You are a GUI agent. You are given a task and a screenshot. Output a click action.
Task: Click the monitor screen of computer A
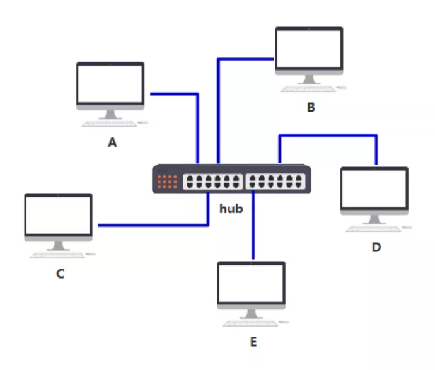click(x=110, y=83)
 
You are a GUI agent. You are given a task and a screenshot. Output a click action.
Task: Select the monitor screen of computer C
click(x=58, y=214)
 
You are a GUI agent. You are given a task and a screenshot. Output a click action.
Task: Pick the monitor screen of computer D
click(x=374, y=188)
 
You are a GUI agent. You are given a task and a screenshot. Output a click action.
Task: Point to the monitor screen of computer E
click(x=251, y=283)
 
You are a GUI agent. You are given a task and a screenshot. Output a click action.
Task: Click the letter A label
click(x=112, y=143)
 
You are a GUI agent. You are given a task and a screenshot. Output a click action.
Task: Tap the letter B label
click(x=311, y=107)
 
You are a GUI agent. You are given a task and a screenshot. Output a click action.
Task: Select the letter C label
click(x=61, y=274)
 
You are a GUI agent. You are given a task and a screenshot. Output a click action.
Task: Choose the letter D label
click(x=376, y=247)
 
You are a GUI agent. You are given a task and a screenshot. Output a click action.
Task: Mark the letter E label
click(x=253, y=342)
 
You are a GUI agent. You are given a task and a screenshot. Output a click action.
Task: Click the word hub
click(x=231, y=208)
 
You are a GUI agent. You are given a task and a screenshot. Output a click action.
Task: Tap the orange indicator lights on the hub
click(x=167, y=182)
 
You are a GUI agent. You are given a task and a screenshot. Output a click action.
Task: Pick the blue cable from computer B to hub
click(x=218, y=107)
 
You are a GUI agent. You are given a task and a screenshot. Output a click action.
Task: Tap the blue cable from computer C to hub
click(x=151, y=224)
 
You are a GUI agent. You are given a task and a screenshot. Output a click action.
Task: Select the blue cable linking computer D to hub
click(x=328, y=135)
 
